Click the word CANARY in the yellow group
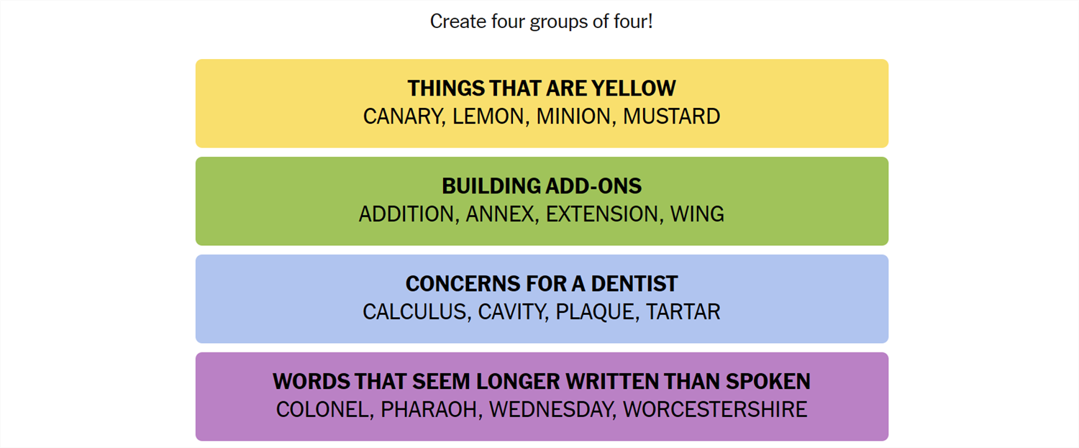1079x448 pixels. (403, 116)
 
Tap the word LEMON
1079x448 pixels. (488, 116)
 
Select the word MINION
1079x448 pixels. (573, 116)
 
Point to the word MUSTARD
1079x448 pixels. (671, 116)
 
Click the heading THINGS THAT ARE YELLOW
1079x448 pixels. (542, 88)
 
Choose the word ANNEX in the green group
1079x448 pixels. (500, 214)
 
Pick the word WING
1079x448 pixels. (697, 214)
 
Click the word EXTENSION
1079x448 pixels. (601, 214)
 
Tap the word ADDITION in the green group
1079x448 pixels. (406, 214)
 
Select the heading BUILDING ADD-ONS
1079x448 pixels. (542, 186)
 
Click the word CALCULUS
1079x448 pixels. (414, 312)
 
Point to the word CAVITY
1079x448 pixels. (511, 312)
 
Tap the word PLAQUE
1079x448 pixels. (595, 312)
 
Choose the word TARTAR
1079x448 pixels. (683, 312)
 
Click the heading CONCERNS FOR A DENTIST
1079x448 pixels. (542, 284)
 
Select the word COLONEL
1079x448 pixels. (322, 410)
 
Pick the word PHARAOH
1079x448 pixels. (429, 410)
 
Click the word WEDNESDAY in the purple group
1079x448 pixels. (550, 410)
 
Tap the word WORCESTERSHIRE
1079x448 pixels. (715, 410)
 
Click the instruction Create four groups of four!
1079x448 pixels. (542, 22)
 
